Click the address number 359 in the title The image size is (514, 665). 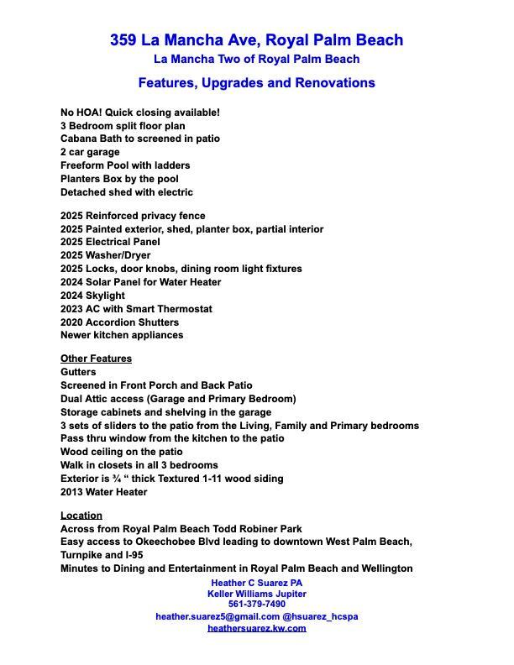pyautogui.click(x=123, y=40)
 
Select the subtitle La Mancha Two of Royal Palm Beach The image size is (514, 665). pyautogui.click(x=256, y=60)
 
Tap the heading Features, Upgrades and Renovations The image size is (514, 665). pyautogui.click(x=256, y=83)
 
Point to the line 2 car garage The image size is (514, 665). pyautogui.click(x=90, y=152)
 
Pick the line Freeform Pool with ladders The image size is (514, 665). pyautogui.click(x=125, y=165)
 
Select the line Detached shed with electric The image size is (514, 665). pyautogui.click(x=127, y=192)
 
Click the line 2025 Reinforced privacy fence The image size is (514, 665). pyautogui.click(x=133, y=216)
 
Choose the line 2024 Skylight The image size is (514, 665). pyautogui.click(x=92, y=296)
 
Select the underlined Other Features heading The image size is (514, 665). pyautogui.click(x=96, y=359)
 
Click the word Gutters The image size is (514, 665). pyautogui.click(x=78, y=372)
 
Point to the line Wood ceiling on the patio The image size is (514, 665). pyautogui.click(x=121, y=452)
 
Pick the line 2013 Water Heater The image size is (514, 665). pyautogui.click(x=103, y=492)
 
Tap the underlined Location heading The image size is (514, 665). pyautogui.click(x=81, y=515)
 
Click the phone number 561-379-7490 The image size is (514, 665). pyautogui.click(x=257, y=605)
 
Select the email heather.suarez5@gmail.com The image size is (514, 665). pyautogui.click(x=218, y=616)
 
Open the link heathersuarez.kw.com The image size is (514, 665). pyautogui.click(x=257, y=628)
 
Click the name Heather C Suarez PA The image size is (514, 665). pyautogui.click(x=257, y=583)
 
